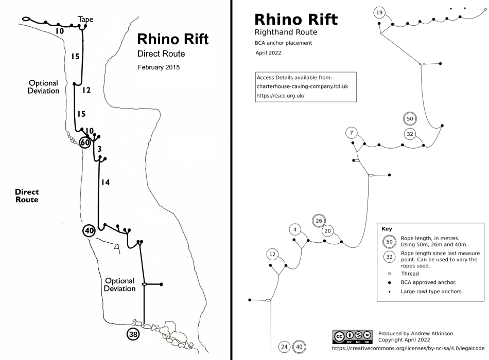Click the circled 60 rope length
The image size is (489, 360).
pyautogui.click(x=85, y=142)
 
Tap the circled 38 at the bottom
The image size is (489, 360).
pyautogui.click(x=133, y=334)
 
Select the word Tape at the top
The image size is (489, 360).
pyautogui.click(x=85, y=20)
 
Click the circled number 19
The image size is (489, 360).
pyautogui.click(x=379, y=12)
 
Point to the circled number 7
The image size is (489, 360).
pyautogui.click(x=352, y=133)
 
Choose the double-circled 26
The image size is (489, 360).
pyautogui.click(x=319, y=221)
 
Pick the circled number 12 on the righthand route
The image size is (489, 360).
pyautogui.click(x=273, y=255)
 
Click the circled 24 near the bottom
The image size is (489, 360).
pyautogui.click(x=284, y=347)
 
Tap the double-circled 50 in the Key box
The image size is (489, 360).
pyautogui.click(x=389, y=242)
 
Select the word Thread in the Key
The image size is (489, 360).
pyautogui.click(x=410, y=274)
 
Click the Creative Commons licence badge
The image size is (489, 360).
pyautogui.click(x=353, y=337)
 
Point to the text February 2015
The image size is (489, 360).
pyautogui.click(x=159, y=67)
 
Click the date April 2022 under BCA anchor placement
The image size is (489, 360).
pyautogui.click(x=268, y=53)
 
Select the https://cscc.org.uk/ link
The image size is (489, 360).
pyautogui.click(x=281, y=96)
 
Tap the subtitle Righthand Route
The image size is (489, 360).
pyautogui.click(x=286, y=32)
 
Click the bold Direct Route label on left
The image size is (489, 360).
pyautogui.click(x=27, y=196)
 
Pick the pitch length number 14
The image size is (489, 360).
pyautogui.click(x=106, y=183)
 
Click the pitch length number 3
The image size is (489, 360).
pyautogui.click(x=99, y=149)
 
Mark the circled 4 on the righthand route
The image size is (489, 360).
pyautogui.click(x=295, y=230)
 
